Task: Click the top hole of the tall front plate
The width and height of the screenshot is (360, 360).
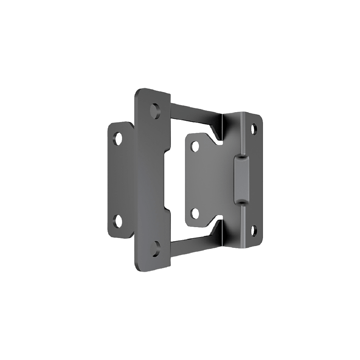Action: pos(155,110)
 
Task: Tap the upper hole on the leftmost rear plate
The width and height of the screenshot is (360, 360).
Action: pos(117,138)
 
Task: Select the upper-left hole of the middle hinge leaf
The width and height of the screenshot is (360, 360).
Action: pos(194,146)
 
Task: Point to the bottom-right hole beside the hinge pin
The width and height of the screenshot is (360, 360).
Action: pos(254,231)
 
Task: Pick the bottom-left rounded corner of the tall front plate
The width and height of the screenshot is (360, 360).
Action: pos(138,267)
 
